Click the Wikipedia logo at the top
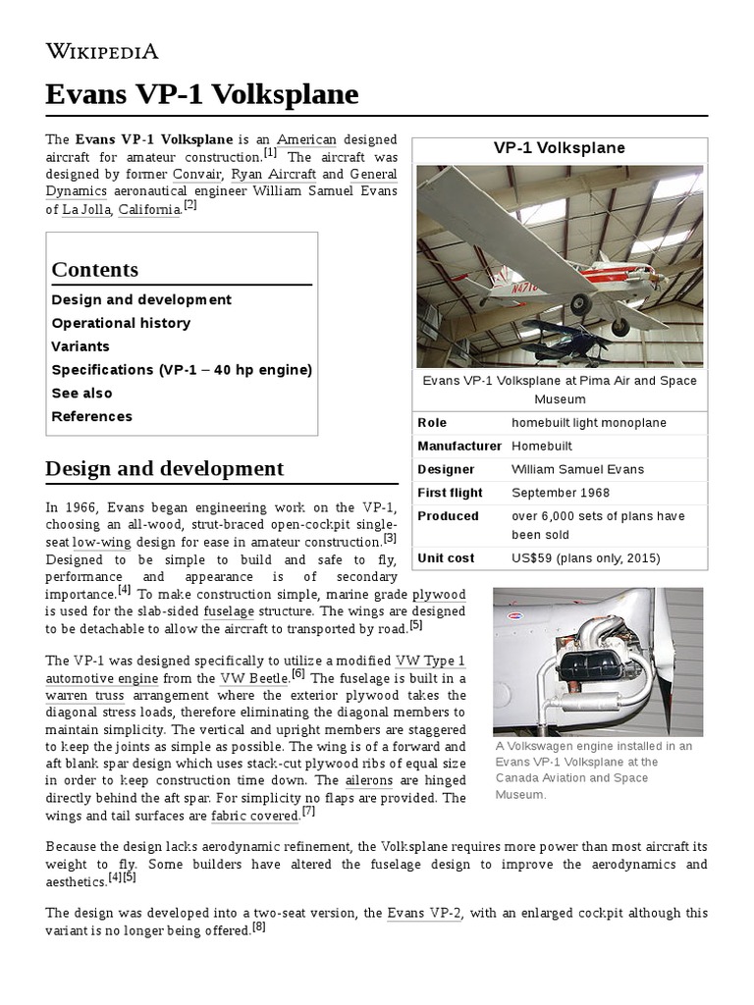(x=102, y=51)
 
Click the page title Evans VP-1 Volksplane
(x=202, y=95)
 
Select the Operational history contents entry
(x=121, y=323)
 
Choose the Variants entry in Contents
(x=81, y=346)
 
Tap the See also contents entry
(x=81, y=394)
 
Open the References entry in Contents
(x=91, y=417)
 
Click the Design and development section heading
(x=164, y=468)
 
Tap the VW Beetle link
(x=254, y=678)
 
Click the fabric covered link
(x=254, y=816)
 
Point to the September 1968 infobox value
(x=560, y=493)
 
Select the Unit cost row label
(x=446, y=558)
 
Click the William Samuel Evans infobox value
(x=577, y=469)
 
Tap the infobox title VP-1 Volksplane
(x=559, y=148)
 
